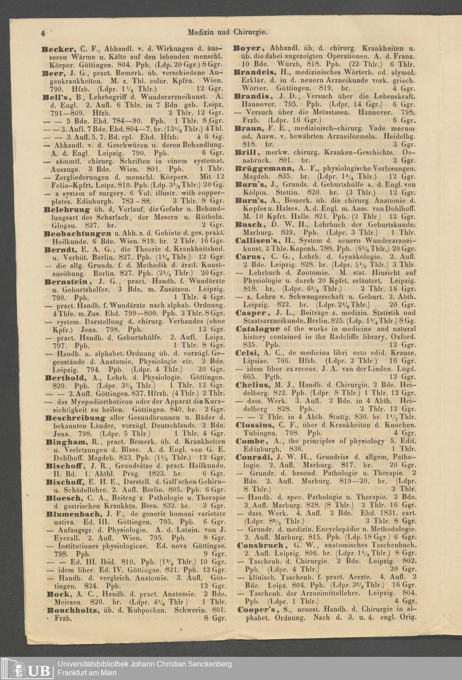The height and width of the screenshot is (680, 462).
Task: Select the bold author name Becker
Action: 58,48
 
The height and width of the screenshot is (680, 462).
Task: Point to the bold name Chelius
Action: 253,385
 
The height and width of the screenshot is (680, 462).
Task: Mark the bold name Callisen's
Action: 259,241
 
